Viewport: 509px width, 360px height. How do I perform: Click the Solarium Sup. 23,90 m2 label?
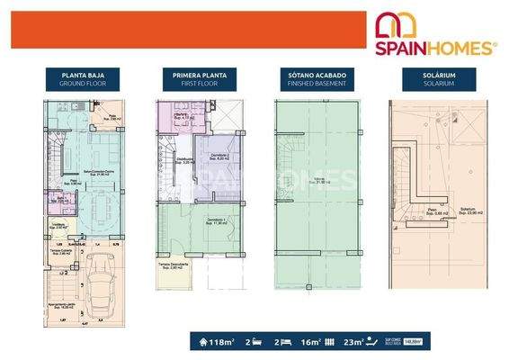coord(468,210)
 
